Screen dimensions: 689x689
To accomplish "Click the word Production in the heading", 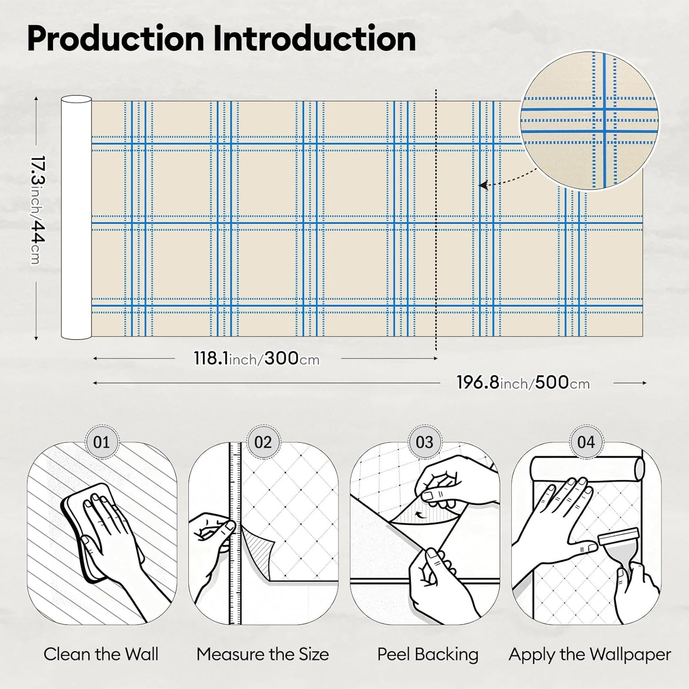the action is point(115,39).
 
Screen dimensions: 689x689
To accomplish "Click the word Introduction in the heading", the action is point(314,39).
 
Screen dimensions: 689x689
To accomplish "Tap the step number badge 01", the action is point(102,442).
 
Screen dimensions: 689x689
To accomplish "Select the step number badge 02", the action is point(263,442).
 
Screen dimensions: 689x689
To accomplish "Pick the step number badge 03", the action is point(424,442).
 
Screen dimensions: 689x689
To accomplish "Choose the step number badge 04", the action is point(586,442).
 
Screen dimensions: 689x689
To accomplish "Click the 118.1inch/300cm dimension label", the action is point(257,358).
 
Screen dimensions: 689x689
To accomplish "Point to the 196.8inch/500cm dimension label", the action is point(523,383).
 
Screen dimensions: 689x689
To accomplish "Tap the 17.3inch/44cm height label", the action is point(38,210).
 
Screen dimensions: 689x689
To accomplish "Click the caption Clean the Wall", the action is point(101,655).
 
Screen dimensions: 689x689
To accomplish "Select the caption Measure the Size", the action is point(263,655).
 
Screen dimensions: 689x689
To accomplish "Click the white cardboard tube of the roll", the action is point(76,217).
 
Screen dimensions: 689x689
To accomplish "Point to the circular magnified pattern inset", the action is point(589,120).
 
